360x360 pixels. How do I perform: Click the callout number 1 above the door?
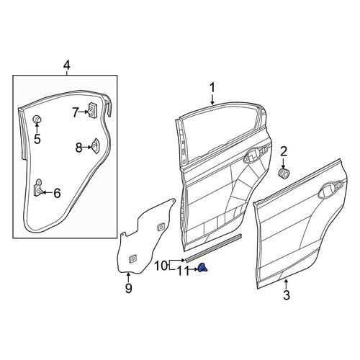pyautogui.click(x=212, y=88)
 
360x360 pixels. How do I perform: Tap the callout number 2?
pyautogui.click(x=284, y=152)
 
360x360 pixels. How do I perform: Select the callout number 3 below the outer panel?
pyautogui.click(x=287, y=295)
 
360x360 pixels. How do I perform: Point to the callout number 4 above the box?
pyautogui.click(x=67, y=66)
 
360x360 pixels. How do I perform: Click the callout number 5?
pyautogui.click(x=37, y=139)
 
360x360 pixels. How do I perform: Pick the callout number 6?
pyautogui.click(x=57, y=193)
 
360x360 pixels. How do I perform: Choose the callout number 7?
pyautogui.click(x=76, y=112)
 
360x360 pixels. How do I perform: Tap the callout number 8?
pyautogui.click(x=78, y=148)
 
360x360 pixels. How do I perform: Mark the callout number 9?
pyautogui.click(x=129, y=288)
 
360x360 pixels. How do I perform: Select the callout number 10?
pyautogui.click(x=161, y=266)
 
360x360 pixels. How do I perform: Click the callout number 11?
pyautogui.click(x=182, y=271)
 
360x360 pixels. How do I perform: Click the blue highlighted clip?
pyautogui.click(x=202, y=268)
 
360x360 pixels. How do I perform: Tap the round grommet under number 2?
pyautogui.click(x=284, y=174)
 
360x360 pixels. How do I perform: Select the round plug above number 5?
pyautogui.click(x=37, y=119)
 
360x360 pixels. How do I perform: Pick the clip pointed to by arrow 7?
pyautogui.click(x=92, y=110)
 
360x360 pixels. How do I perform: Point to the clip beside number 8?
pyautogui.click(x=95, y=145)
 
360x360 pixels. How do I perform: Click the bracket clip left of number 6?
pyautogui.click(x=38, y=187)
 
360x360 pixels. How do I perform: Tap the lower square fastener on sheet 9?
pyautogui.click(x=132, y=258)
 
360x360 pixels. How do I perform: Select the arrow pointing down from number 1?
pyautogui.click(x=212, y=99)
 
